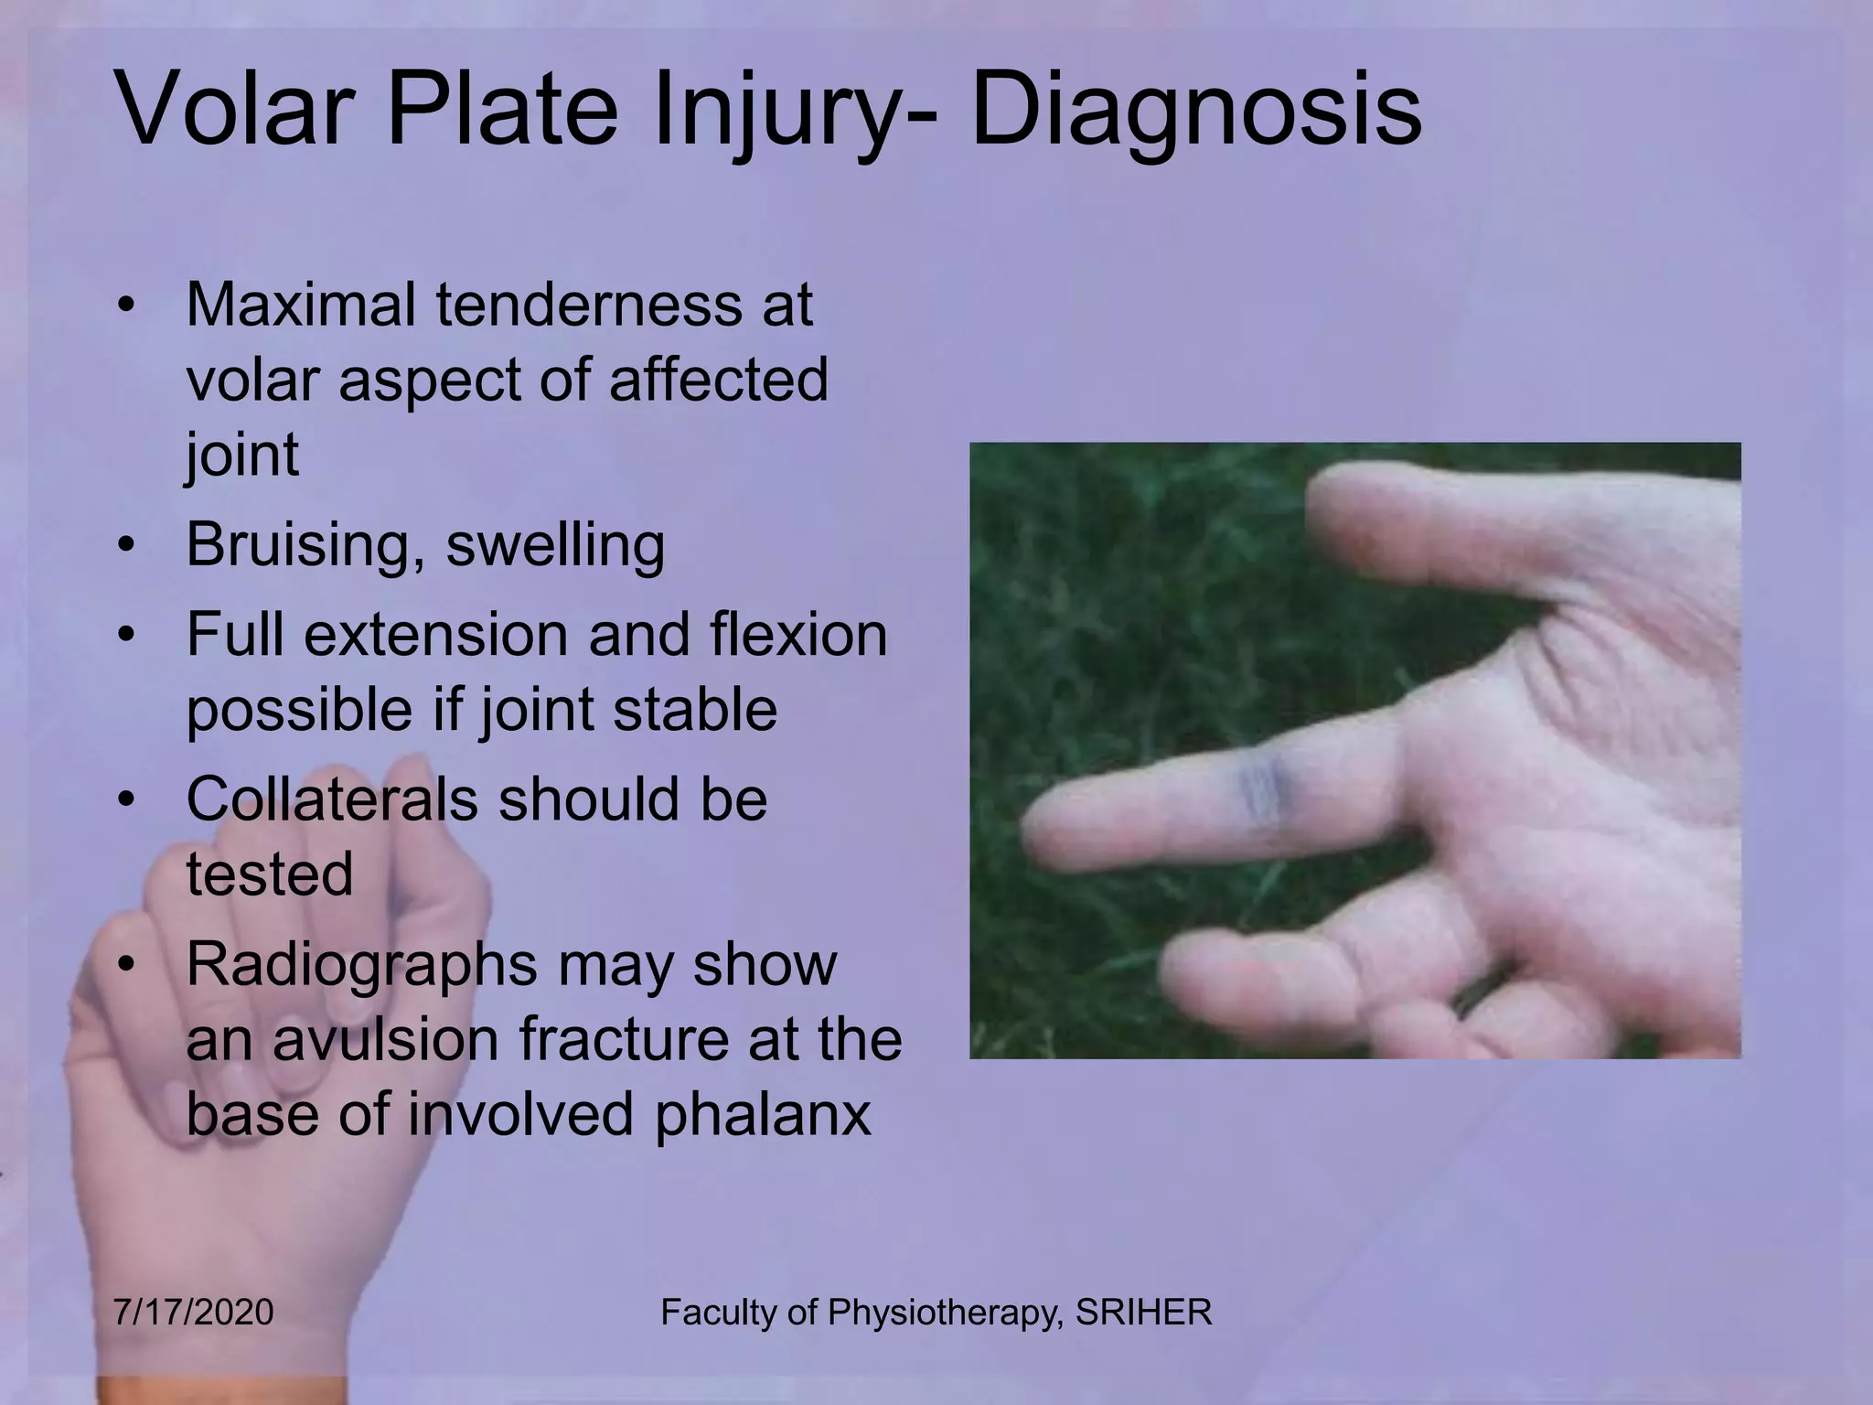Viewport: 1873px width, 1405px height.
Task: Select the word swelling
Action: click(x=555, y=546)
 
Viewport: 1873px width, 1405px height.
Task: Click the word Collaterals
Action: click(x=331, y=799)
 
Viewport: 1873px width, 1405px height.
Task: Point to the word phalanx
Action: click(x=763, y=1114)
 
